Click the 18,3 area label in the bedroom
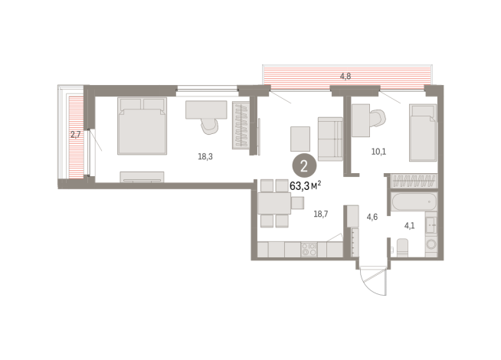pyautogui.click(x=205, y=156)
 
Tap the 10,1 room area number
pyautogui.click(x=378, y=152)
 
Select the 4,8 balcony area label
pyautogui.click(x=345, y=76)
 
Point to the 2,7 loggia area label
pyautogui.click(x=75, y=135)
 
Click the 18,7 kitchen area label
pyautogui.click(x=321, y=214)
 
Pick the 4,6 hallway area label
pyautogui.click(x=372, y=217)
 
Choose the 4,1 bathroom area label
pyautogui.click(x=410, y=226)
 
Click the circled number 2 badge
pyautogui.click(x=304, y=166)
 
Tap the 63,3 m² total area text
pyautogui.click(x=306, y=185)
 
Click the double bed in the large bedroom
pyautogui.click(x=142, y=126)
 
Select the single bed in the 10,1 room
pyautogui.click(x=423, y=133)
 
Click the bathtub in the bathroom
pyautogui.click(x=414, y=201)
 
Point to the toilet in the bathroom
pyautogui.click(x=402, y=247)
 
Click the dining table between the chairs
pyautogui.click(x=274, y=203)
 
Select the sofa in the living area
pyautogui.click(x=330, y=139)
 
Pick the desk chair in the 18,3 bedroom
pyautogui.click(x=210, y=126)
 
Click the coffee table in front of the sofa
pyautogui.click(x=300, y=139)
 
